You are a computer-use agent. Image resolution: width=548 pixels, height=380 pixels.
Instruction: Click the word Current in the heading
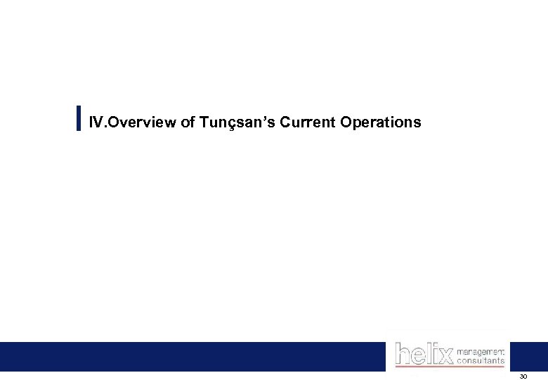pos(307,122)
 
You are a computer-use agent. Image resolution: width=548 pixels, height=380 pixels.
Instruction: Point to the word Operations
pos(381,122)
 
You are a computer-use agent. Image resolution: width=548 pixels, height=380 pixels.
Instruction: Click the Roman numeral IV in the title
pos(96,122)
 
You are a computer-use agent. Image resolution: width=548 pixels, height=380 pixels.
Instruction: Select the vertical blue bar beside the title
pos(78,118)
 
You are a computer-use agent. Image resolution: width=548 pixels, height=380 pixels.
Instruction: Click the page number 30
pos(523,376)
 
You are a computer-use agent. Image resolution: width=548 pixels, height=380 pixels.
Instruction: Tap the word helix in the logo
pos(424,353)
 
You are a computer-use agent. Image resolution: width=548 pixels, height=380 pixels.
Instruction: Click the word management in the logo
pos(481,350)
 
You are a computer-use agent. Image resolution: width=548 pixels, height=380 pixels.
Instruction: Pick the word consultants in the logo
pos(481,360)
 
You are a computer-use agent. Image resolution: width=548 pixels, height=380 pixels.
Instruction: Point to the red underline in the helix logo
pos(450,367)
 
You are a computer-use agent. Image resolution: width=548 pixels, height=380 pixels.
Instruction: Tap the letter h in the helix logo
pos(402,353)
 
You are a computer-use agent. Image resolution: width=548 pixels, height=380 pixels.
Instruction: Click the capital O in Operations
pos(346,122)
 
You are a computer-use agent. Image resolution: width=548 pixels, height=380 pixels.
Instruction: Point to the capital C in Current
pos(285,122)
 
